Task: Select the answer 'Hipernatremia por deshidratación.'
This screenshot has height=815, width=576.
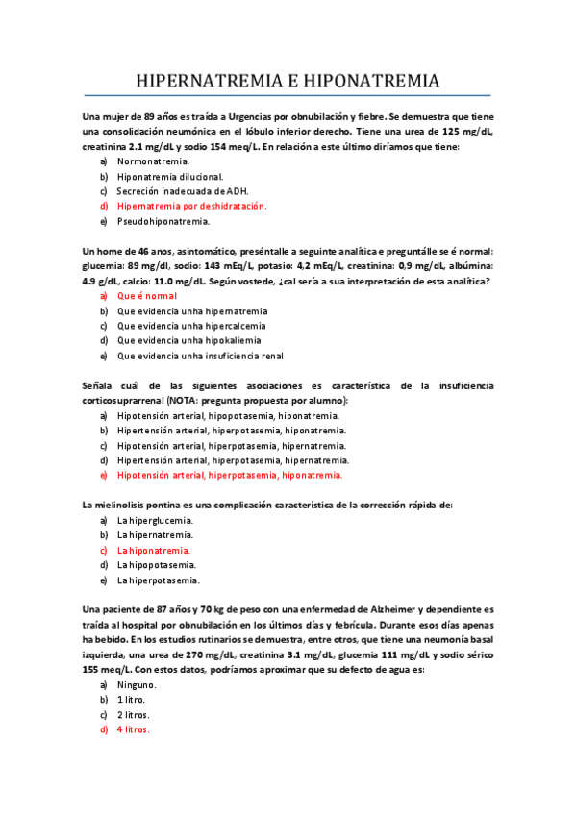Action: click(191, 206)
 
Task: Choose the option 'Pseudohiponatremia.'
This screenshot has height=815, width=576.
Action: click(163, 221)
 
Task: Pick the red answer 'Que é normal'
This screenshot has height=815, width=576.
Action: click(147, 296)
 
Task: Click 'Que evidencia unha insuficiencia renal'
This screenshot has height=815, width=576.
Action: click(200, 355)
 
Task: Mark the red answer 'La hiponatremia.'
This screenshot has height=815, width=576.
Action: click(154, 551)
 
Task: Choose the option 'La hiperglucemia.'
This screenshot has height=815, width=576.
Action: click(157, 520)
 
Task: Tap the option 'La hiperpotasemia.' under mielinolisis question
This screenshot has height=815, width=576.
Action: click(159, 580)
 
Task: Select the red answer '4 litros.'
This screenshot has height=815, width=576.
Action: click(134, 730)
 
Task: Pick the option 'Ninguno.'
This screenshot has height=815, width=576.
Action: click(137, 685)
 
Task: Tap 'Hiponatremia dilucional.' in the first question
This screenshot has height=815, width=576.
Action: click(170, 177)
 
